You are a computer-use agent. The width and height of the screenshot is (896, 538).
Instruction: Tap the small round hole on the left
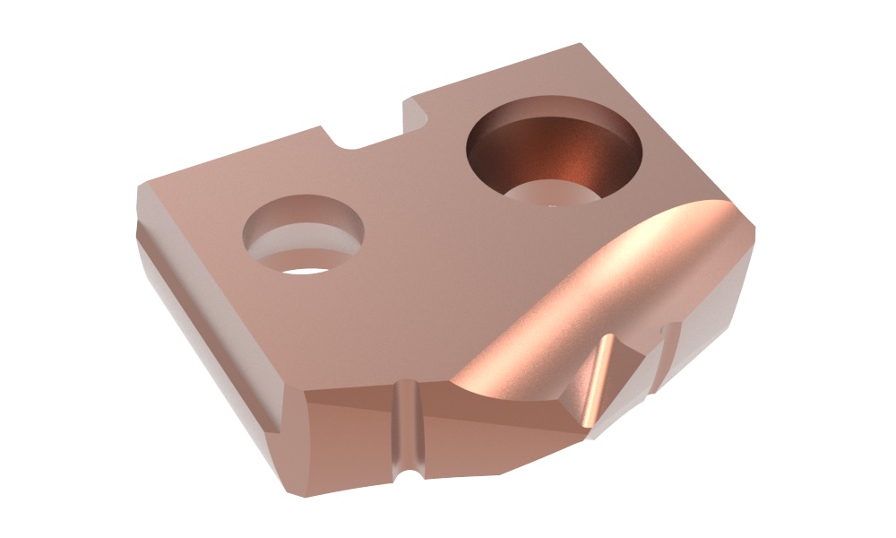(x=306, y=235)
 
